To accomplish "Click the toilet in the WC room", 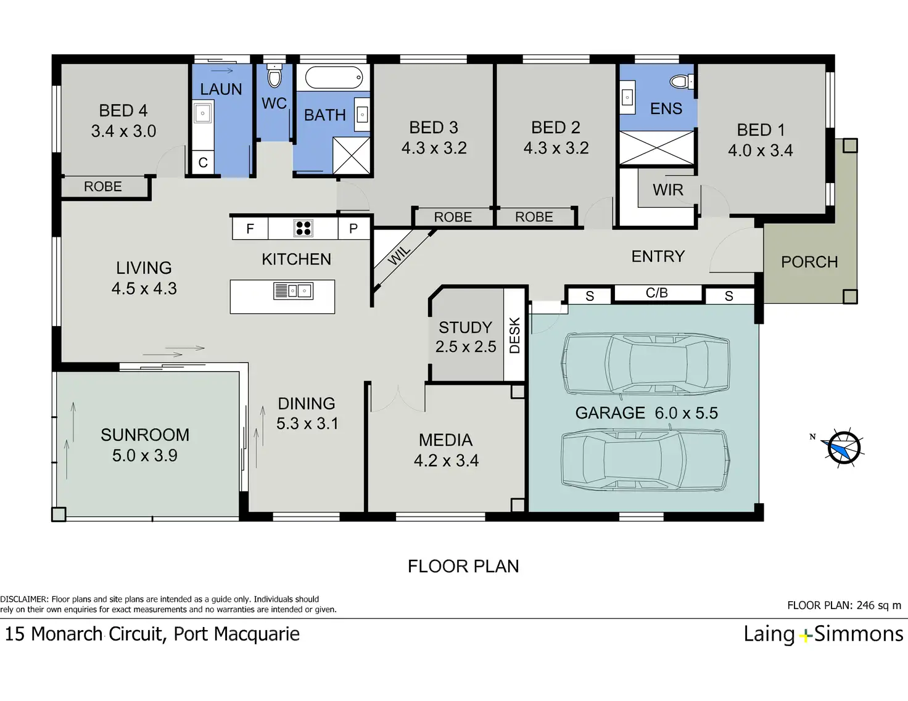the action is [274, 76].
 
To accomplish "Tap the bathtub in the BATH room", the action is [334, 77].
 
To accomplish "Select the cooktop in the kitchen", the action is [303, 228].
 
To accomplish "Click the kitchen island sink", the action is [294, 291].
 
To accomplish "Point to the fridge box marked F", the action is [250, 228].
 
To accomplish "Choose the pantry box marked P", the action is [354, 228].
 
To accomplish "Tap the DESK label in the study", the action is [515, 335].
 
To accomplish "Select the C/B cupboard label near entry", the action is [657, 293].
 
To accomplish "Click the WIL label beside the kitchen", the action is [399, 255].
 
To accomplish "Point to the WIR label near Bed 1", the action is [667, 190].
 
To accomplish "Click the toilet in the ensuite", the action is [682, 81].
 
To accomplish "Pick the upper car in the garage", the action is [646, 364].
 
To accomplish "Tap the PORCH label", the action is [809, 262].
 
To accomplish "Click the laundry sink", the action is [203, 113].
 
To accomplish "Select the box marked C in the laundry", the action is [203, 162].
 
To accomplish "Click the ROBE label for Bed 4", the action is [103, 186].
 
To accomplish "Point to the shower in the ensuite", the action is [656, 148].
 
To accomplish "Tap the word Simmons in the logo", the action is [859, 634].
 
